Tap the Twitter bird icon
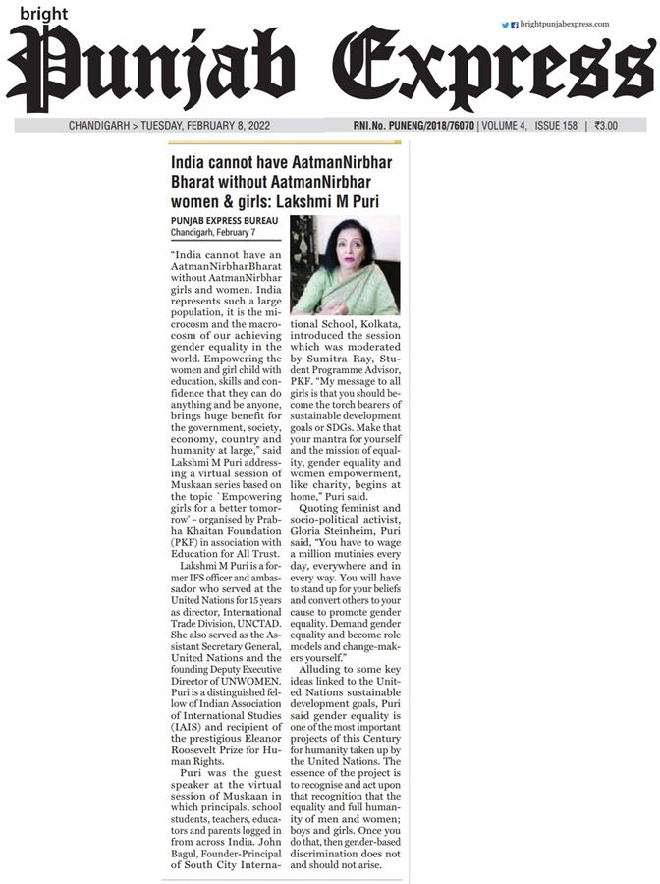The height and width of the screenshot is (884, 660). coord(505,25)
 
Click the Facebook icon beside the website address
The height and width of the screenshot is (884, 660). coord(514,25)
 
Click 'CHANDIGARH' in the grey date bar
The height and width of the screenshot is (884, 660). coord(101,126)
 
